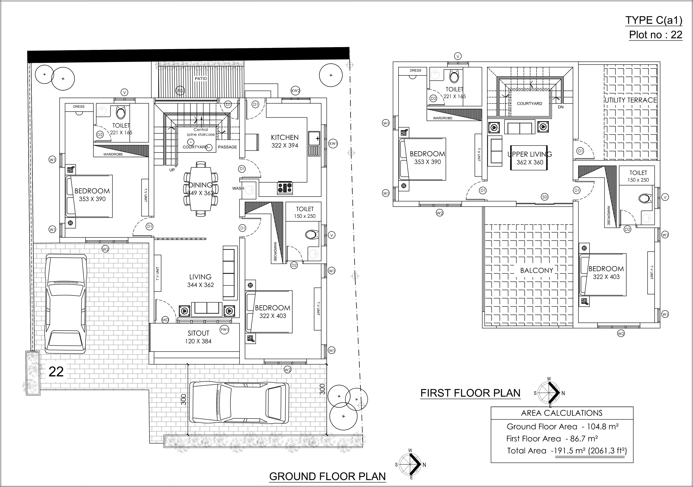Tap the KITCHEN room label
pos(285,138)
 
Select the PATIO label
pos(201,79)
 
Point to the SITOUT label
pos(198,333)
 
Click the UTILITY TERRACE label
pos(631,100)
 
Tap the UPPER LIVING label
pos(530,154)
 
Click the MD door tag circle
pos(165,320)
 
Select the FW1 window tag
pos(225,329)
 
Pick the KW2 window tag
pos(296,91)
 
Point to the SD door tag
pos(545,197)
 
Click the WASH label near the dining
pos(238,188)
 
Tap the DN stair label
pos(561,107)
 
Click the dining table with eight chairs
pos(201,189)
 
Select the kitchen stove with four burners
pos(285,188)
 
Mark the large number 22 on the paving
pos(56,372)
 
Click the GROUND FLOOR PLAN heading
pos(328,476)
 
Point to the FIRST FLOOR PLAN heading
pos(471,393)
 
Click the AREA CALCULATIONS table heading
pos(562,413)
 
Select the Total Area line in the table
pos(567,451)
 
